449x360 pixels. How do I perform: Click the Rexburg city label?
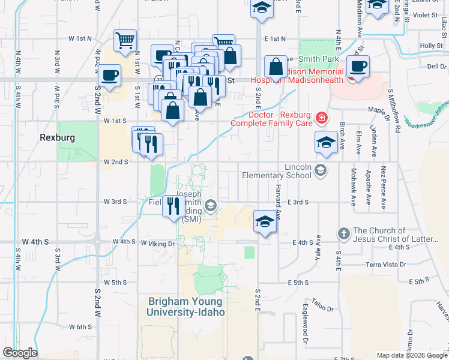point(58,137)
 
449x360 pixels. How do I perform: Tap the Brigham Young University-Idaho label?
point(186,307)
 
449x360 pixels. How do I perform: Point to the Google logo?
point(20,353)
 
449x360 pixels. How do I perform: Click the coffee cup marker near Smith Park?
point(358,66)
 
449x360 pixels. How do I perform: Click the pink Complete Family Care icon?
point(322,118)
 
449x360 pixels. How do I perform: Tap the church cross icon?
point(343,233)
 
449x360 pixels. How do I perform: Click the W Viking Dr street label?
point(157,244)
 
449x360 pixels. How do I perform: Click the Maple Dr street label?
point(379,110)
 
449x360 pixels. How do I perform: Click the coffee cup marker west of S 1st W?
point(109,76)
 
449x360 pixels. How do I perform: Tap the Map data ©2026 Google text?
point(412,355)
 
